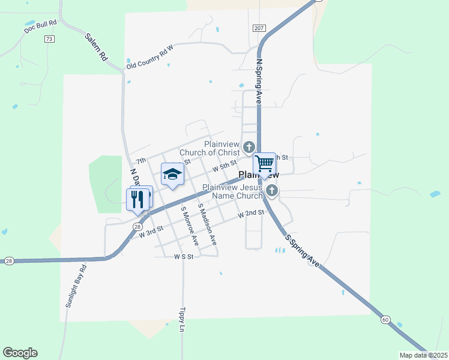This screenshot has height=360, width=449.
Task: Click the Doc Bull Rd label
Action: [41, 26]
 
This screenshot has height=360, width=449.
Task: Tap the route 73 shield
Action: [49, 39]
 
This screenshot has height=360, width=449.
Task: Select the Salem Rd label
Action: [96, 47]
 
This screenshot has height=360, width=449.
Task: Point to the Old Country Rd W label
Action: [149, 56]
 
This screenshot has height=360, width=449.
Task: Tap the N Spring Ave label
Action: [259, 82]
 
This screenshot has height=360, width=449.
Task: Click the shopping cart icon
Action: [264, 163]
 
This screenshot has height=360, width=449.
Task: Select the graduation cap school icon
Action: [172, 174]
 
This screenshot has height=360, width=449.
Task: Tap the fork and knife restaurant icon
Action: [137, 199]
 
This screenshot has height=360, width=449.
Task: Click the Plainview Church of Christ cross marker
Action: [249, 146]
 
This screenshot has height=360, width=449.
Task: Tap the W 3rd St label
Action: [151, 232]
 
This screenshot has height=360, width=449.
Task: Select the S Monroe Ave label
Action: [190, 226]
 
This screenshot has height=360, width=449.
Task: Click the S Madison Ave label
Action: [207, 223]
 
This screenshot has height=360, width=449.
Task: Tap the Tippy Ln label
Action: [182, 320]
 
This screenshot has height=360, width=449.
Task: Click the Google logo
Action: [20, 353]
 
